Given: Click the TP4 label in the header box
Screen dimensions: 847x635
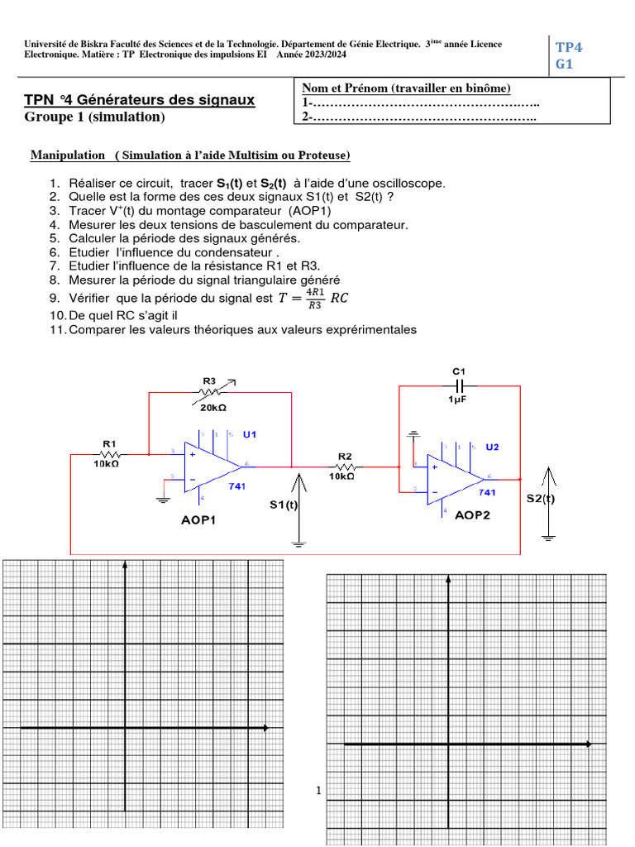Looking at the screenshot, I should tap(569, 47).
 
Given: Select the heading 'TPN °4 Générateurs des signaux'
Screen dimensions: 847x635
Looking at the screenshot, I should tap(140, 101).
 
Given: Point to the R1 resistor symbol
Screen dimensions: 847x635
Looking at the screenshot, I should tap(110, 454).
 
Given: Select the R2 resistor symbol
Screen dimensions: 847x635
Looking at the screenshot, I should tap(346, 467).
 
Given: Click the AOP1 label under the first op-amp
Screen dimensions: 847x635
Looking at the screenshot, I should tap(198, 521).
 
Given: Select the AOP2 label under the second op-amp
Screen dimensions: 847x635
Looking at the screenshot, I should tap(473, 514).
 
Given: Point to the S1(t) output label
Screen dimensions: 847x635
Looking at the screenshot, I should tap(284, 504).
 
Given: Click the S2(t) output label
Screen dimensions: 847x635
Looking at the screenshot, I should tap(541, 499).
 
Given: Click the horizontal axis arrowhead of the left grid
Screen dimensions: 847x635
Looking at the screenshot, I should tap(265, 728).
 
